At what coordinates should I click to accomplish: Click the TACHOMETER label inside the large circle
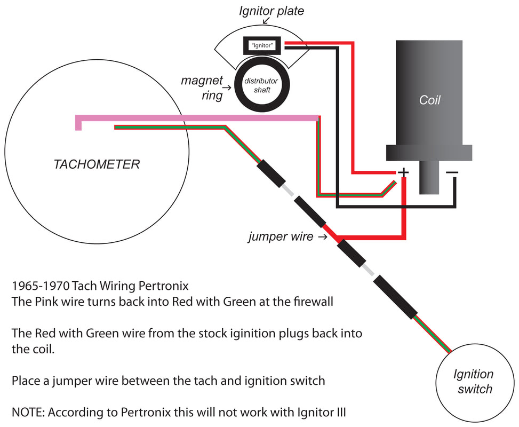(97, 164)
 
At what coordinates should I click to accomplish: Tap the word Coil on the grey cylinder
(430, 100)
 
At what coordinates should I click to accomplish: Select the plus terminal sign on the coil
(403, 172)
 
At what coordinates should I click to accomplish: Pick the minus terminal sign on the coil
(452, 172)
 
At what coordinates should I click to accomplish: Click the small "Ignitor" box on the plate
(262, 46)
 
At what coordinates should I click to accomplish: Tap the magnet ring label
(201, 87)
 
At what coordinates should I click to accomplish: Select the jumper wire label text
(281, 236)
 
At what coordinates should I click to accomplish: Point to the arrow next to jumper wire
(322, 236)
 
